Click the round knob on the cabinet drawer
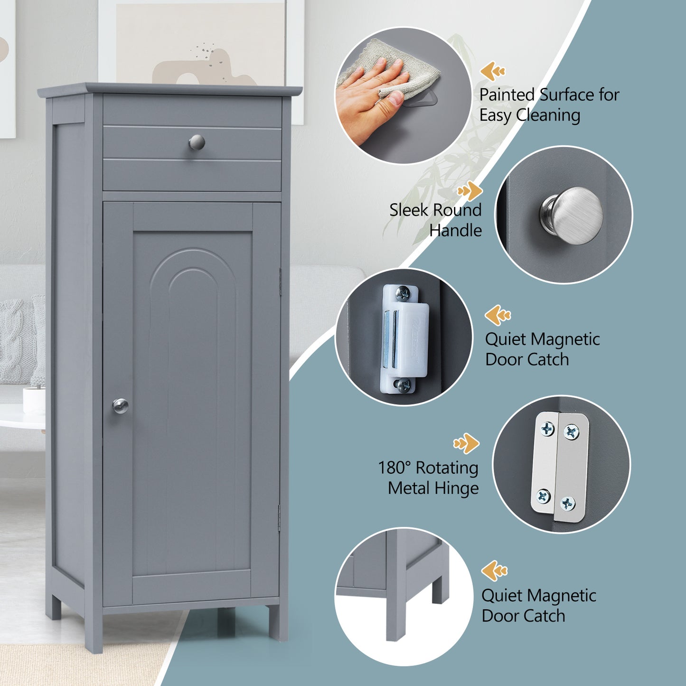197,142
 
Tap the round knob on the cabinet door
120,406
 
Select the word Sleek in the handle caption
407,210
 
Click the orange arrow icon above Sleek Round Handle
470,191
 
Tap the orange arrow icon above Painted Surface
492,72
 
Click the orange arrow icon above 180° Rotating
466,443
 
